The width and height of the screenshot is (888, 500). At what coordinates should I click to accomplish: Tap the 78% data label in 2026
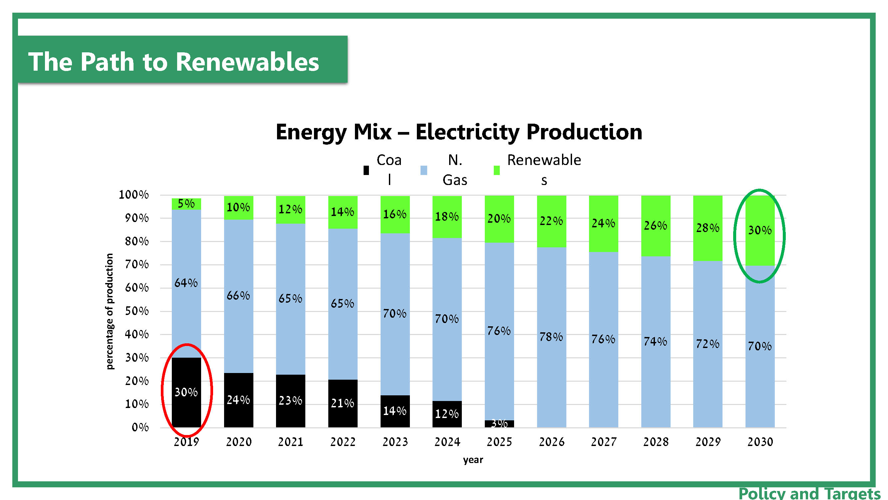(x=551, y=336)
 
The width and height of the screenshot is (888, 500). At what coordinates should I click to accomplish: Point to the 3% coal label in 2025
(x=499, y=423)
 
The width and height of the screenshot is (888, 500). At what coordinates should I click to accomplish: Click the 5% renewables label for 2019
(x=186, y=204)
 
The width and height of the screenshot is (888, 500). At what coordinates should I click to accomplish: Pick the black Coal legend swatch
(x=366, y=170)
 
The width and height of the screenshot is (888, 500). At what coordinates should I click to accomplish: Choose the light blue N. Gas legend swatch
(x=424, y=170)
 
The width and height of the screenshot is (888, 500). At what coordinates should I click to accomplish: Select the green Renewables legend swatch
(x=496, y=170)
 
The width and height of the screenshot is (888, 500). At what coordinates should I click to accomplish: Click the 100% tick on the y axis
(x=134, y=195)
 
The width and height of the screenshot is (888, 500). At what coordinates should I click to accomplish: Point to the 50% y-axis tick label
(x=137, y=311)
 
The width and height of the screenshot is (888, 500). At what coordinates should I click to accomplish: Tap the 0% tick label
(x=140, y=428)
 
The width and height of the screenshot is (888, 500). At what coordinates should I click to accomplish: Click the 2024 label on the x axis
(x=447, y=442)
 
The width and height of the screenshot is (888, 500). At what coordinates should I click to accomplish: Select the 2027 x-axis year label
(x=604, y=442)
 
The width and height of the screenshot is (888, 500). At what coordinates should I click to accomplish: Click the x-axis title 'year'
(x=473, y=460)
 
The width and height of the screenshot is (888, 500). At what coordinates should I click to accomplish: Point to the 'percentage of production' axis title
(x=110, y=311)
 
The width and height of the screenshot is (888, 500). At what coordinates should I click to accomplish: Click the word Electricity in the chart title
(x=467, y=132)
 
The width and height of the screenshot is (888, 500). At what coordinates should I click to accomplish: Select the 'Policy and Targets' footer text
(x=809, y=493)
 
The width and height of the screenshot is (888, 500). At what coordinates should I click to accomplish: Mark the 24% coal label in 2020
(x=238, y=400)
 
